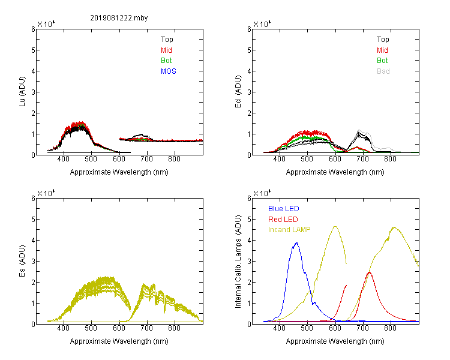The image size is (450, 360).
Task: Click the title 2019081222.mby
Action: pyautogui.click(x=119, y=18)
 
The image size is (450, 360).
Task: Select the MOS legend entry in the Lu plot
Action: pyautogui.click(x=169, y=71)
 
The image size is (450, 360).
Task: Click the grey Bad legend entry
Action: pyautogui.click(x=383, y=71)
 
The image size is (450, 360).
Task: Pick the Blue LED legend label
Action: pyautogui.click(x=284, y=209)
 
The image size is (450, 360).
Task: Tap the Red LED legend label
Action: pyautogui.click(x=283, y=220)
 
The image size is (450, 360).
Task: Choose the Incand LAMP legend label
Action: pyautogui.click(x=289, y=230)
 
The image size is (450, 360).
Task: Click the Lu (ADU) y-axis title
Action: pyautogui.click(x=22, y=92)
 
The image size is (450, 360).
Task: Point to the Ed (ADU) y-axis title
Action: pyautogui.click(x=238, y=92)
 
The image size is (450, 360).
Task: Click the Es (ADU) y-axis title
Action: pyautogui.click(x=22, y=260)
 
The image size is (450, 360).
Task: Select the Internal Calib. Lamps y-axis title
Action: pyautogui.click(x=238, y=261)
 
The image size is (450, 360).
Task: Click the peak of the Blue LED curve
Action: pyautogui.click(x=296, y=243)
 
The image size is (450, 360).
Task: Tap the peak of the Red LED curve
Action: pyautogui.click(x=370, y=272)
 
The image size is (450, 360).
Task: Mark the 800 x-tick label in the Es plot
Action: pyautogui.click(x=174, y=328)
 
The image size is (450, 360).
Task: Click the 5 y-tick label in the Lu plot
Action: pyautogui.click(x=33, y=50)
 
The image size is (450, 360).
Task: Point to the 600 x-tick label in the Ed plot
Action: pyautogui.click(x=335, y=159)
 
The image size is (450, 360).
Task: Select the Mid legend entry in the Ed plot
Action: pyautogui.click(x=382, y=50)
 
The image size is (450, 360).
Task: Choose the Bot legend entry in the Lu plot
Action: pyautogui.click(x=166, y=61)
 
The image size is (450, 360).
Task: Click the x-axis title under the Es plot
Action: pyautogui.click(x=119, y=341)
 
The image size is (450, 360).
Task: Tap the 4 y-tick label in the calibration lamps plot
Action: pyautogui.click(x=249, y=240)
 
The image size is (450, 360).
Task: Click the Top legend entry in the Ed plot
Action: pyautogui.click(x=383, y=40)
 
